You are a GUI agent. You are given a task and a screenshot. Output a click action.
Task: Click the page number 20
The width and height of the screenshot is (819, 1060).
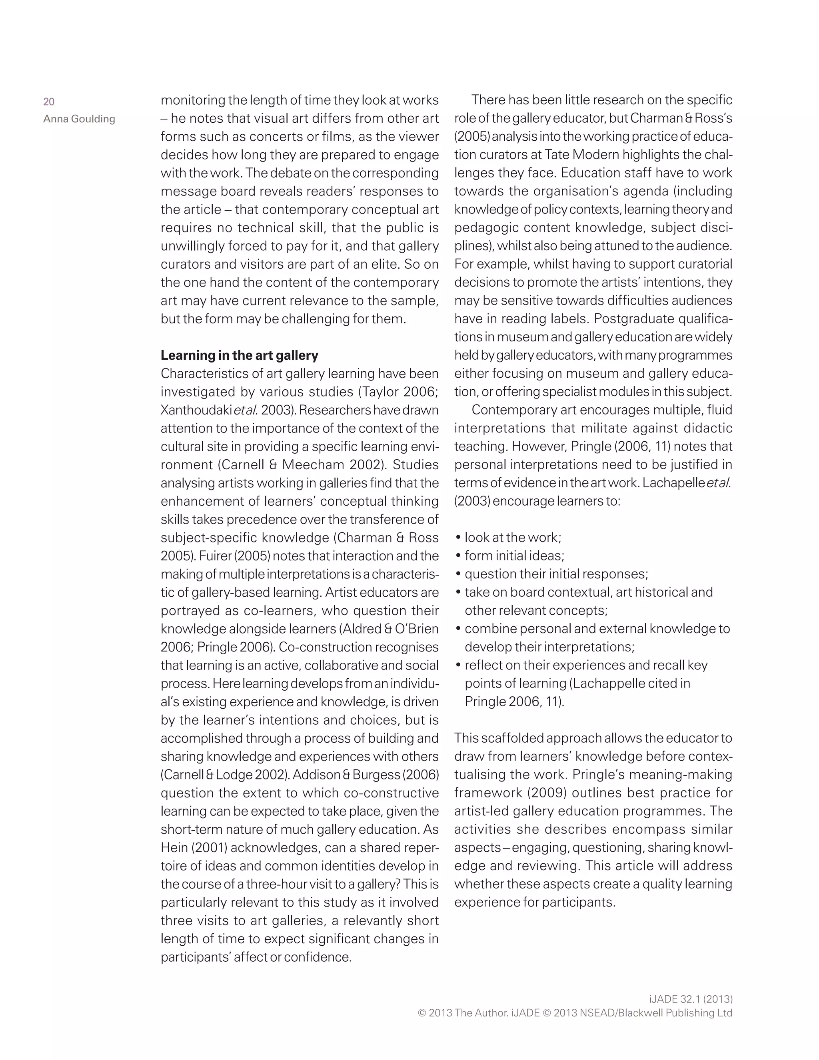point(48,102)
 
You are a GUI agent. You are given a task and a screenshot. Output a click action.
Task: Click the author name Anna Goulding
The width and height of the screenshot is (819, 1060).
point(79,119)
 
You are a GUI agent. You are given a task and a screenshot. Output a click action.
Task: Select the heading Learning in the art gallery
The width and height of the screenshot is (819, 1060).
point(239,355)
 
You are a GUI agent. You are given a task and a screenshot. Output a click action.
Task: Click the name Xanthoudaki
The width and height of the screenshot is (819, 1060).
point(196,410)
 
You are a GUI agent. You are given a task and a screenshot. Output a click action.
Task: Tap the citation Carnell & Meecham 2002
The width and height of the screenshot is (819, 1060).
point(300,464)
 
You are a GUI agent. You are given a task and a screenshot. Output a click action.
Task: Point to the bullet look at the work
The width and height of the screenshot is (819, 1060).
point(513,537)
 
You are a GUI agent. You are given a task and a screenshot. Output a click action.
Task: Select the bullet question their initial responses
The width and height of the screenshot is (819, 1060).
point(556,574)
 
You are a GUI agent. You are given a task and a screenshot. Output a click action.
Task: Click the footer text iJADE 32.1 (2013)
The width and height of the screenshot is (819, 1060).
point(690,999)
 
